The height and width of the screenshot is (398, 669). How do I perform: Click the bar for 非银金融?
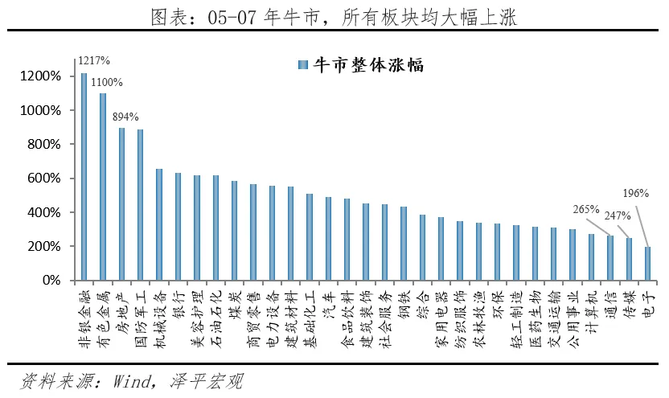84,177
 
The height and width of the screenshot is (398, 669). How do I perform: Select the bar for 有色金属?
103,187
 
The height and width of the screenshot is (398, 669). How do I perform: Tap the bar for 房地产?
122,204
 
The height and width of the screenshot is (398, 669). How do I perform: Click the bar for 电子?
648,264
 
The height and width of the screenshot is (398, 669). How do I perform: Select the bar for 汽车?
328,239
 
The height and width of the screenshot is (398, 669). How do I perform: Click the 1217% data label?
94,60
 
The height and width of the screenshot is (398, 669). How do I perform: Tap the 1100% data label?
107,81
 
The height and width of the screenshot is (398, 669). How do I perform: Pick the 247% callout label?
617,215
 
